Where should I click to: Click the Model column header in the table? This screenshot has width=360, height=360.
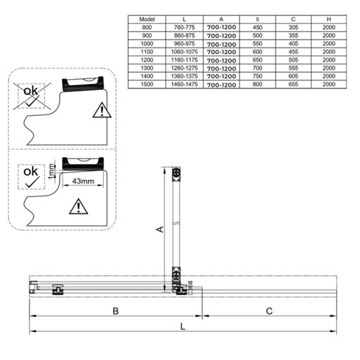[x=147, y=19]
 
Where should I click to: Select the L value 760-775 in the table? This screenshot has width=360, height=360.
[x=184, y=27]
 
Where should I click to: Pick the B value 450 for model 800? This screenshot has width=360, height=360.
[x=257, y=27]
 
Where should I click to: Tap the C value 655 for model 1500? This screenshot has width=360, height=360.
[x=293, y=84]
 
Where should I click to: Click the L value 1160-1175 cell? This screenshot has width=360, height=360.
[x=184, y=60]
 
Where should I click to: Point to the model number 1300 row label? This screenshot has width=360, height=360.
[x=147, y=68]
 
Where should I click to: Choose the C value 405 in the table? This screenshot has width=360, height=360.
[x=293, y=44]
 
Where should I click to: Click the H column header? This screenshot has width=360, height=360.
[x=329, y=19]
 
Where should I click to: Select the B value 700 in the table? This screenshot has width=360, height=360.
[x=257, y=68]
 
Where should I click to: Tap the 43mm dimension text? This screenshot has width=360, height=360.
[x=83, y=181]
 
